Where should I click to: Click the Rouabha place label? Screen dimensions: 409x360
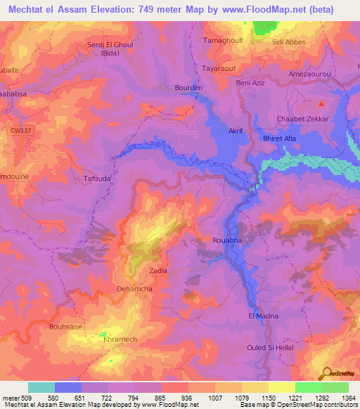click(x=228, y=240)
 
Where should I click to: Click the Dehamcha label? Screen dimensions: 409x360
click(x=134, y=289)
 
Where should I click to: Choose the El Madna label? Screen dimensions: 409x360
click(x=264, y=316)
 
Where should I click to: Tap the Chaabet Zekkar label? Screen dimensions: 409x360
click(x=303, y=119)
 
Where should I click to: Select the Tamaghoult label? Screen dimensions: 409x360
click(x=223, y=41)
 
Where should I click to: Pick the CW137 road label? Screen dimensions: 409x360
click(x=21, y=130)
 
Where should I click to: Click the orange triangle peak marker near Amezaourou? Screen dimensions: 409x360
click(x=321, y=104)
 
